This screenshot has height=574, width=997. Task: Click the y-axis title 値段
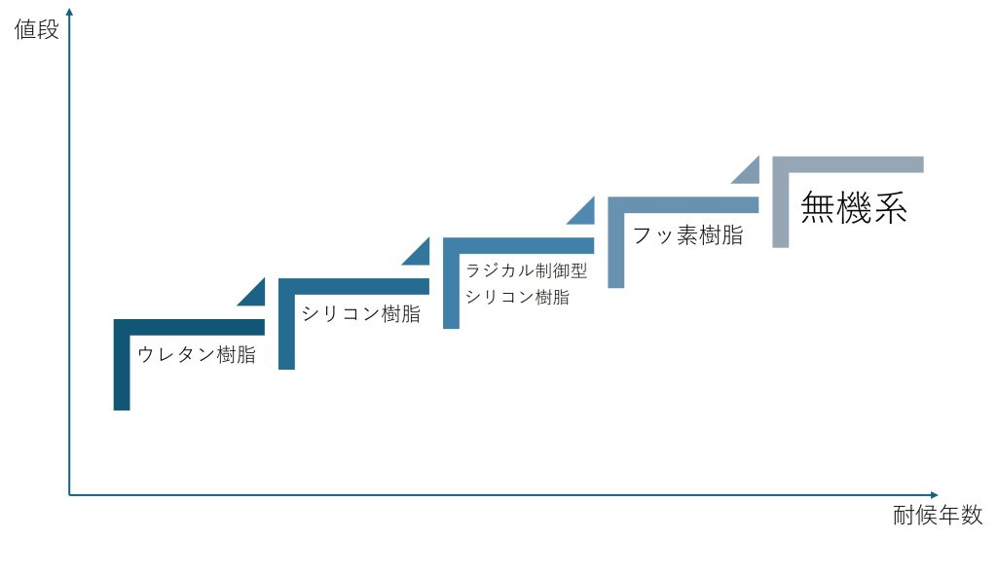(x=36, y=29)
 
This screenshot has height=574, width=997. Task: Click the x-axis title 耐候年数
(x=938, y=515)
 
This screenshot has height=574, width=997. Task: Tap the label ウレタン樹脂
(x=197, y=355)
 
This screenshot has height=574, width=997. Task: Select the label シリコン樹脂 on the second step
(x=360, y=314)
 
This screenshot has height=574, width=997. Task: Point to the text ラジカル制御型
(x=527, y=270)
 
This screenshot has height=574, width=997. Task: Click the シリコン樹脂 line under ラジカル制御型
(x=518, y=297)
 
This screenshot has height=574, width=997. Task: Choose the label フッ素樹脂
(x=688, y=235)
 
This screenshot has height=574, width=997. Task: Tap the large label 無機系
(x=853, y=207)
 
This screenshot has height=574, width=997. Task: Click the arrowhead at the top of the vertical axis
(x=69, y=12)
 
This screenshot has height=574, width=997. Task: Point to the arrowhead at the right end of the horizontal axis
(x=934, y=494)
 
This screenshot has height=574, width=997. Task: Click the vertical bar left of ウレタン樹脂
(x=122, y=365)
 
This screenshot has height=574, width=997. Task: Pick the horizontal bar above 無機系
(x=848, y=164)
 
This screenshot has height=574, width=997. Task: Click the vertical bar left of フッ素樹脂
(x=616, y=243)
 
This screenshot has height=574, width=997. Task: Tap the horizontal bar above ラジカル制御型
(x=519, y=245)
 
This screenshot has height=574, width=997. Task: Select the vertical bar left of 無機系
(x=781, y=202)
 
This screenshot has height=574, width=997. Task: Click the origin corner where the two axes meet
(x=69, y=494)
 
